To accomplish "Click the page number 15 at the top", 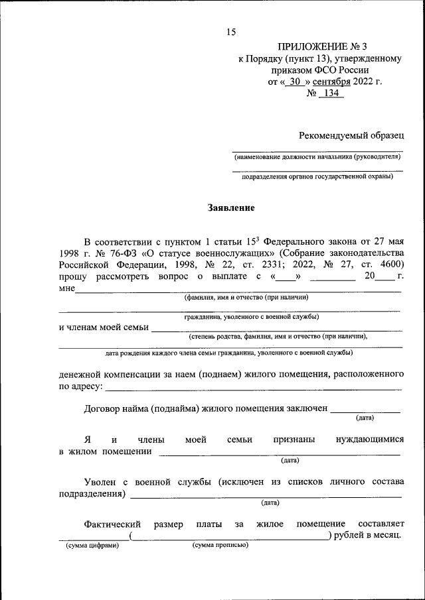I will point(231,31).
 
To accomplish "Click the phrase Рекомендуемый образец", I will point(351,135).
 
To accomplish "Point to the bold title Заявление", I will point(232,208).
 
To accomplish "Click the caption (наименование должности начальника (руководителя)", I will point(317,157).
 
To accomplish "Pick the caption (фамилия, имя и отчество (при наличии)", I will point(247,297).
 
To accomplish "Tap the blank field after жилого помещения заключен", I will point(365,409).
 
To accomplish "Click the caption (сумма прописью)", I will point(220,545).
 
